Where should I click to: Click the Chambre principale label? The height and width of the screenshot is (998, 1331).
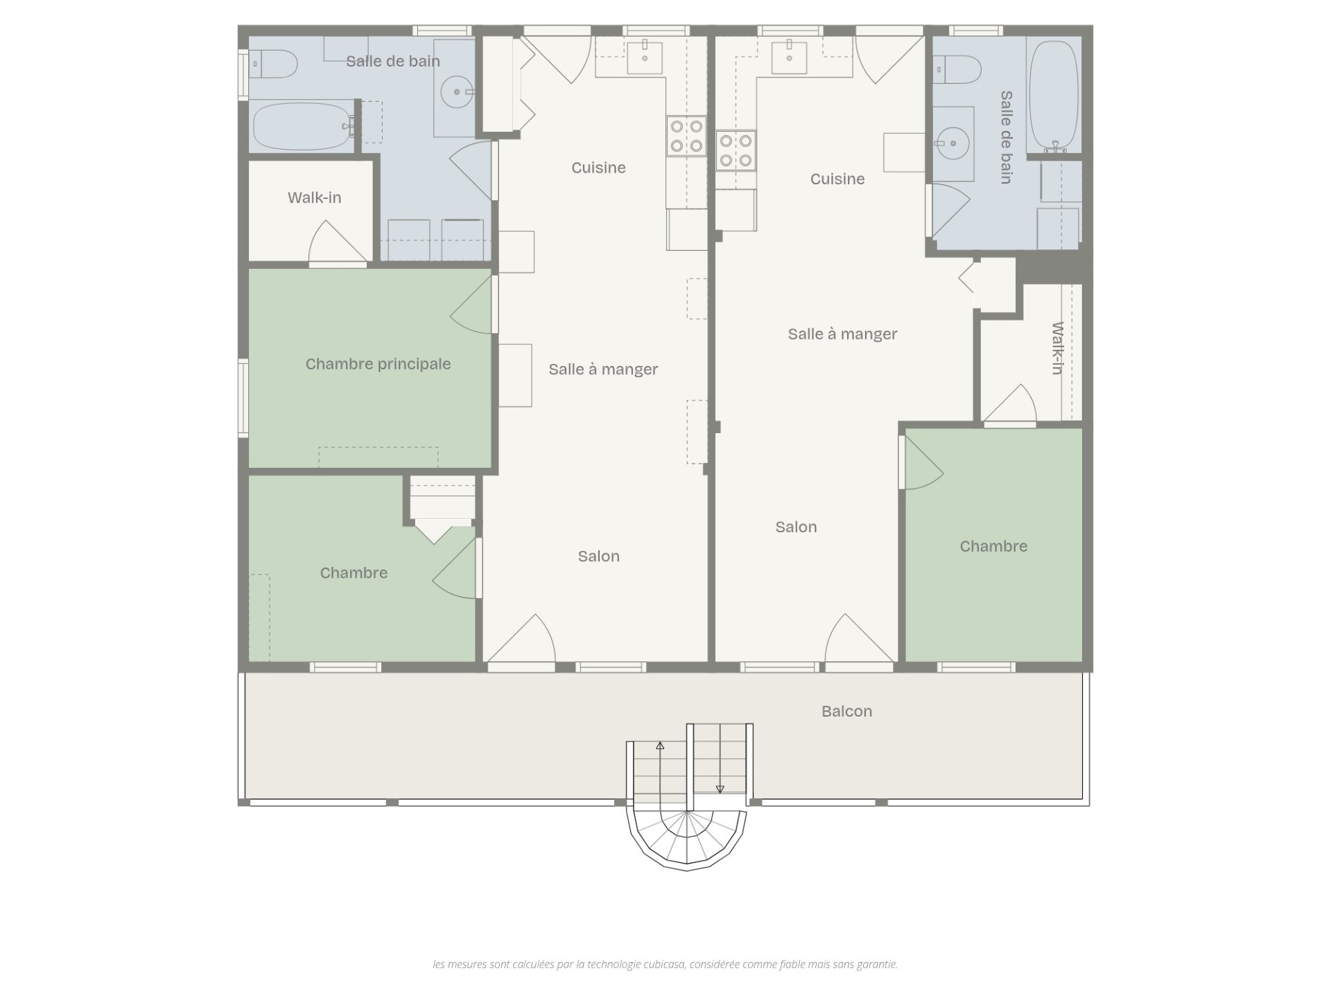378,364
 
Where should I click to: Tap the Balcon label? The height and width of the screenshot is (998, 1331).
846,711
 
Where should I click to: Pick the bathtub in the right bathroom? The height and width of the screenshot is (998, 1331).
1053,95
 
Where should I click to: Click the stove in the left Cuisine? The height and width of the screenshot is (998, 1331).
686,137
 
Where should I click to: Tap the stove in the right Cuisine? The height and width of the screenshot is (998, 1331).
736,150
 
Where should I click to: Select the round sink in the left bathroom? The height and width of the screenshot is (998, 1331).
456,91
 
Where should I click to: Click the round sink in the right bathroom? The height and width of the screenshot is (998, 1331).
954,143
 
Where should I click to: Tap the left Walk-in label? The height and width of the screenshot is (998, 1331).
315,198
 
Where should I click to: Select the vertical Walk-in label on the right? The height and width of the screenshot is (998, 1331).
1057,348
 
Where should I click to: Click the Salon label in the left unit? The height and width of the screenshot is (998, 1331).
599,556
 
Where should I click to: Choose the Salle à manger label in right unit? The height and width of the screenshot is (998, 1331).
842,334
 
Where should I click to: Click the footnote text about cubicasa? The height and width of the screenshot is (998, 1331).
665,964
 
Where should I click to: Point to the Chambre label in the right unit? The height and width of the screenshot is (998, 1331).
993,546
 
